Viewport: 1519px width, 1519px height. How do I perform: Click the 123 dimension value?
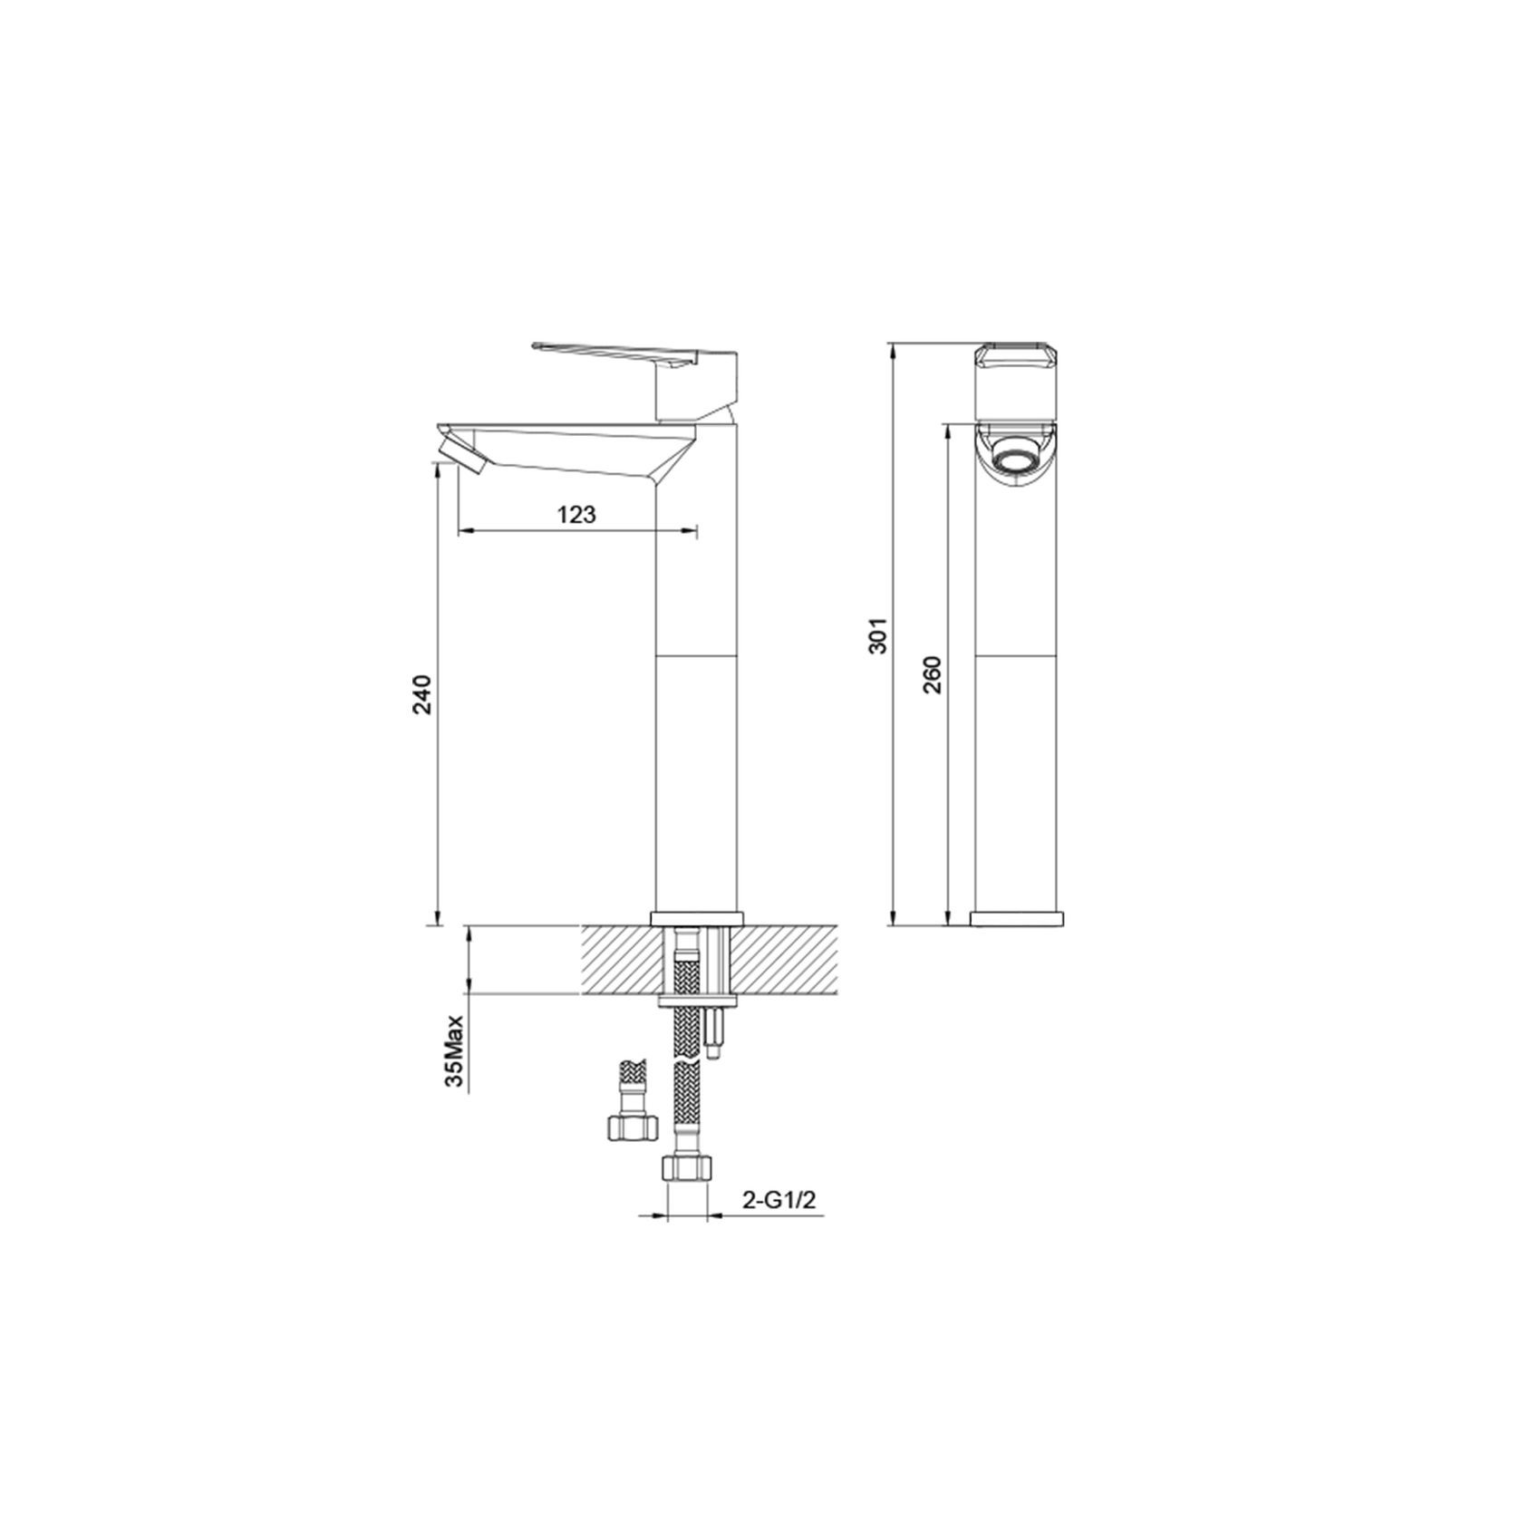576,515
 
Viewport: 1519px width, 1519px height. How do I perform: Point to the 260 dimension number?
934,673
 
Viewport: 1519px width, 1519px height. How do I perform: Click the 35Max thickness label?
455,1050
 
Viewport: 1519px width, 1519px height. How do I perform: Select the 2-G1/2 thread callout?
779,1200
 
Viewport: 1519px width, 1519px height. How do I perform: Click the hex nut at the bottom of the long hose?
683,1166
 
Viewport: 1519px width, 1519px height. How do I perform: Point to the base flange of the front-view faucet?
696,917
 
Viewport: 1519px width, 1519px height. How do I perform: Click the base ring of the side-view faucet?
1016,918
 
